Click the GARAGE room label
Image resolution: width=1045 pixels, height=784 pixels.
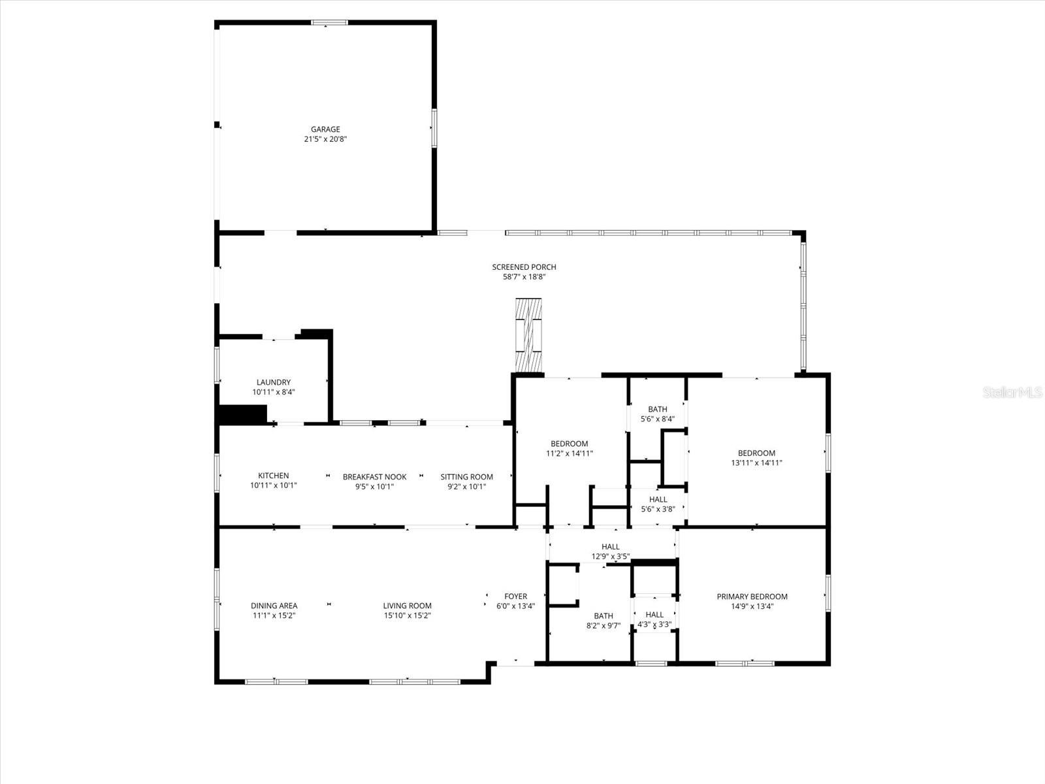tap(325, 129)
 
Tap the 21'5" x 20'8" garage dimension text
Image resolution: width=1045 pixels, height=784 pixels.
tap(325, 139)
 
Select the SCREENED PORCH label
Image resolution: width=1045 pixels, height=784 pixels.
tap(524, 267)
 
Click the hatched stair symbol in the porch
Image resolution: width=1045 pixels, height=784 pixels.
tap(528, 335)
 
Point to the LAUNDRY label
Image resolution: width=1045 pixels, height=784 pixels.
tap(273, 382)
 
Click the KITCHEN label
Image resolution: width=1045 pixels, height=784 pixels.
tap(273, 476)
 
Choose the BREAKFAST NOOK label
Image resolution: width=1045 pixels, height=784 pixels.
tap(374, 477)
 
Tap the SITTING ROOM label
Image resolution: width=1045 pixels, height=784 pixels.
tap(466, 477)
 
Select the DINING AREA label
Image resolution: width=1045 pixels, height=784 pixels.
tap(274, 606)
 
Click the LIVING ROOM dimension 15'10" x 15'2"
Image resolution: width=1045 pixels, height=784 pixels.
tap(407, 615)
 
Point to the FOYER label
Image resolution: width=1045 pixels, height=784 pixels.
tap(515, 596)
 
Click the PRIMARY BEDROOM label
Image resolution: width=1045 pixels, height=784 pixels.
tap(752, 596)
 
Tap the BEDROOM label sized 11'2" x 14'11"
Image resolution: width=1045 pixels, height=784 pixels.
tap(569, 444)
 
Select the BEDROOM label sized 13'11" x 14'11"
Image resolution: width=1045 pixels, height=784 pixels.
tap(756, 453)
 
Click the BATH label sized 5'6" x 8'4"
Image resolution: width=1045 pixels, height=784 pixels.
tap(658, 409)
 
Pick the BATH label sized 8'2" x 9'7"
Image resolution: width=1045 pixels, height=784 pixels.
tap(603, 615)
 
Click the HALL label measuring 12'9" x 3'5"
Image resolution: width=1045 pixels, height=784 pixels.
tap(611, 547)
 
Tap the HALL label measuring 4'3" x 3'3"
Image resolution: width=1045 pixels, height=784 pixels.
tap(654, 614)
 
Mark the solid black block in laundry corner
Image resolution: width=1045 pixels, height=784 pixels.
tap(242, 415)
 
